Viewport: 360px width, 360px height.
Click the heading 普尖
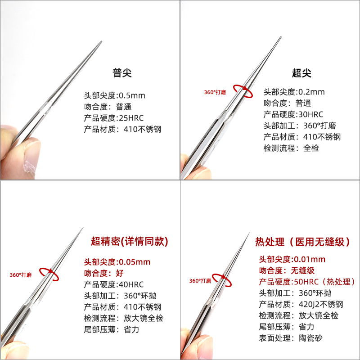(122, 73)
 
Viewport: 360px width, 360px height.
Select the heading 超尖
(301, 73)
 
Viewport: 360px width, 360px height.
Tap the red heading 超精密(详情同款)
(130, 241)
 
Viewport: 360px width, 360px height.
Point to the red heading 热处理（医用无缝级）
(302, 242)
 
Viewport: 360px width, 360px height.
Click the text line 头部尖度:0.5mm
(115, 95)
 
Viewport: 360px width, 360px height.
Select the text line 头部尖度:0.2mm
(294, 92)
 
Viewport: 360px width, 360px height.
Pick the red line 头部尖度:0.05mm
(117, 262)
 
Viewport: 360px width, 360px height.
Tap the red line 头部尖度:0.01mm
(292, 260)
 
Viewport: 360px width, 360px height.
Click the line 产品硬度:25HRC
(114, 118)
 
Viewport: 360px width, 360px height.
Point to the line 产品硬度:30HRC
(293, 114)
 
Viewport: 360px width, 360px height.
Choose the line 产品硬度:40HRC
(114, 284)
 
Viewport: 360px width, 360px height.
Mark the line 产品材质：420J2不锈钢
(301, 305)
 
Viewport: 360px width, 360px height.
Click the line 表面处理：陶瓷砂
(291, 338)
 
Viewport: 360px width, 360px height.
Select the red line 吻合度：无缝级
(287, 270)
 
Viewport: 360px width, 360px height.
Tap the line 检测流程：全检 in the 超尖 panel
(291, 148)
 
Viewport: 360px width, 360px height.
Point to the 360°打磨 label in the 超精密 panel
(21, 275)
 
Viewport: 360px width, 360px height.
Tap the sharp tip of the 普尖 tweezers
(102, 41)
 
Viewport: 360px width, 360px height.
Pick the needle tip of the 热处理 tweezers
(249, 233)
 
